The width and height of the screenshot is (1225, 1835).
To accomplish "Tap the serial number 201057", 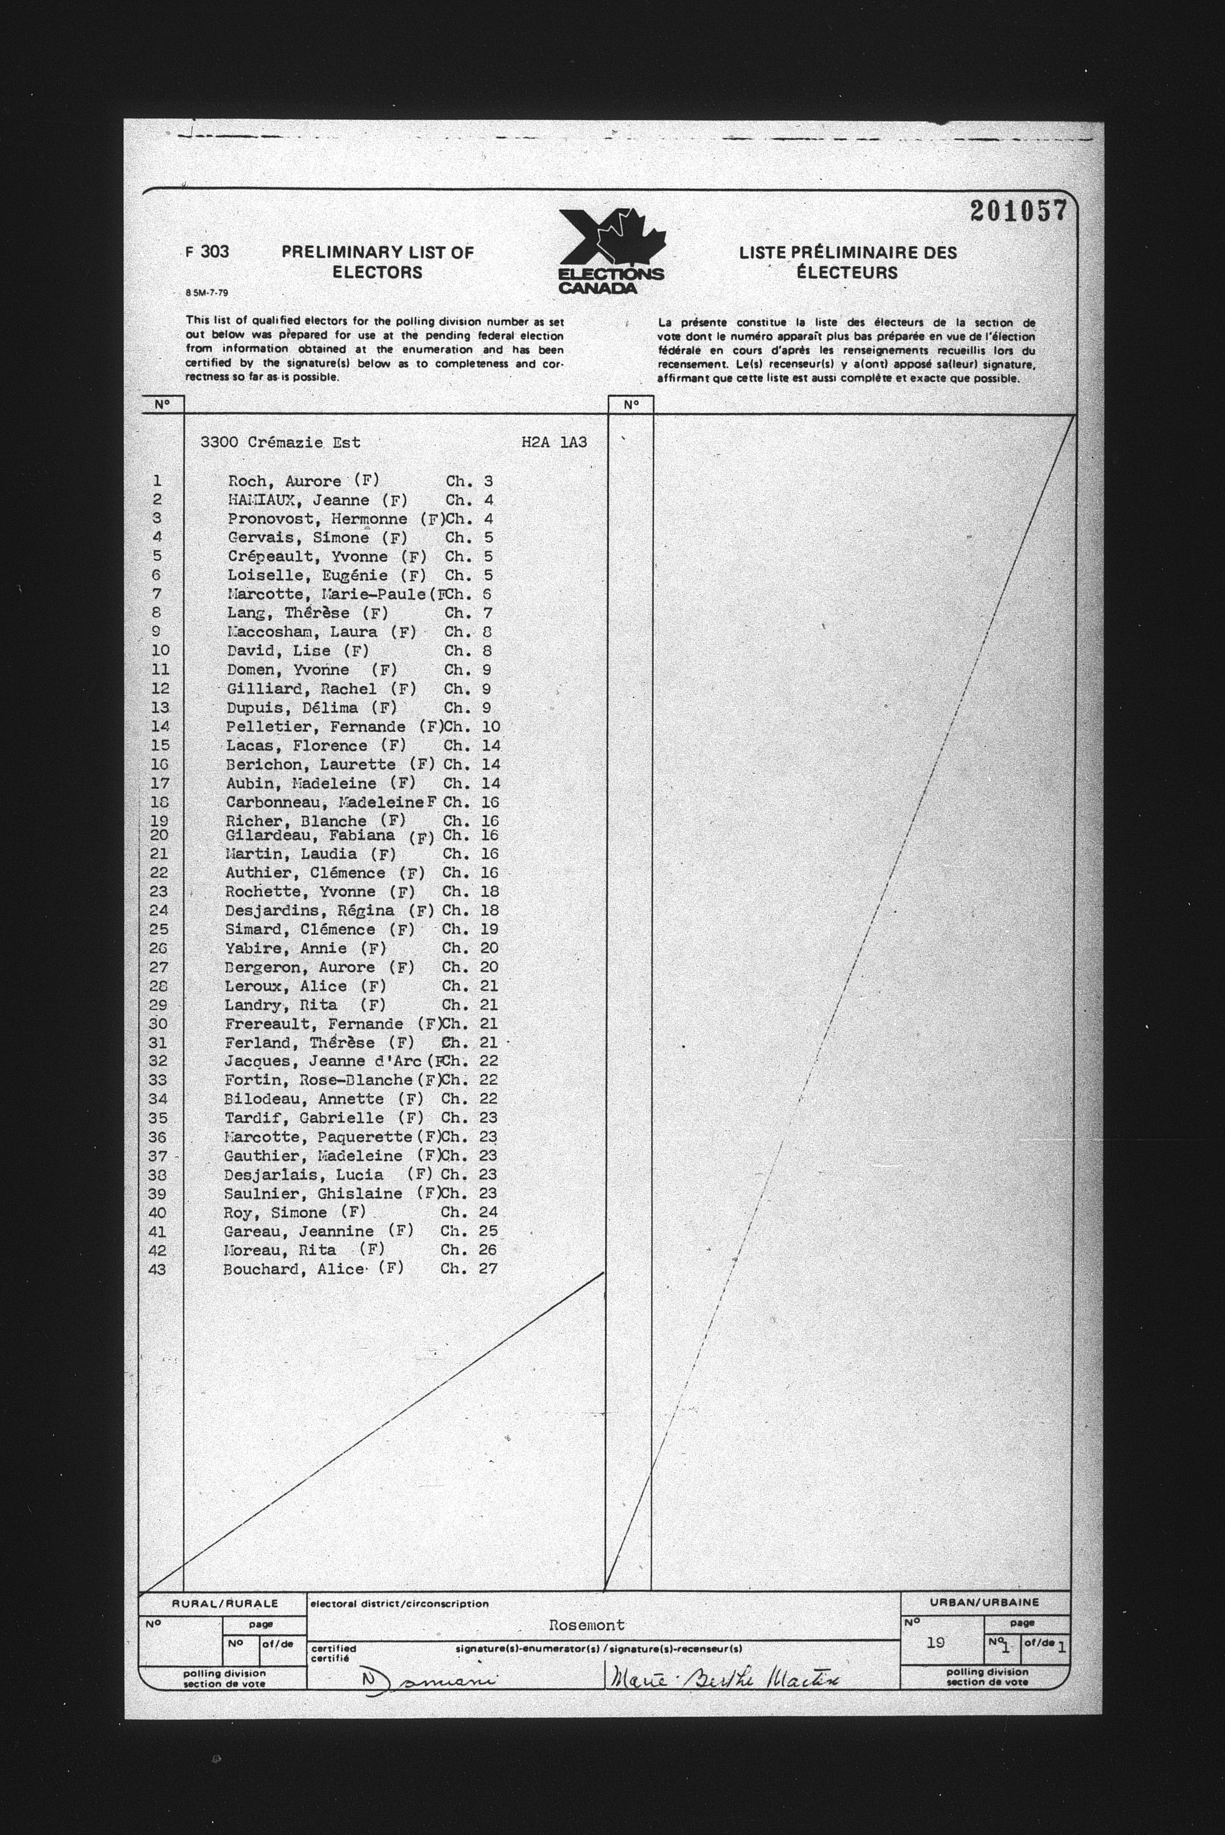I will (1018, 211).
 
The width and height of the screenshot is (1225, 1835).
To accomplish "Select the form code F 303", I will (207, 251).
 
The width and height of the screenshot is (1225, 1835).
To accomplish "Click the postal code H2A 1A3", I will (554, 442).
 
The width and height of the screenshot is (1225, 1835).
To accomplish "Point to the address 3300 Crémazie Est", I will (281, 442).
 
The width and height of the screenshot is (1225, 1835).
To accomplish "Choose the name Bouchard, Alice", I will (294, 1269).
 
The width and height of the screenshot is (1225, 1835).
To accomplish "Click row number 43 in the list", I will (157, 1269).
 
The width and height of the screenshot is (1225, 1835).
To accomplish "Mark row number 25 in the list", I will (159, 929).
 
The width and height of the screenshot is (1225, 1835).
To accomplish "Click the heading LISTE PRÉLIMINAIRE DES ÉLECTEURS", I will (847, 262).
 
